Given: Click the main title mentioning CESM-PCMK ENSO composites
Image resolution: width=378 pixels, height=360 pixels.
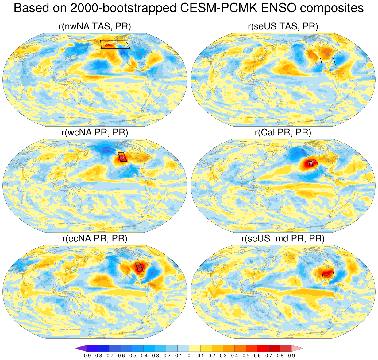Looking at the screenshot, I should click(189, 8).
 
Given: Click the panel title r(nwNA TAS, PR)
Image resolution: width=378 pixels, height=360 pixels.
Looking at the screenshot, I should click(95, 26).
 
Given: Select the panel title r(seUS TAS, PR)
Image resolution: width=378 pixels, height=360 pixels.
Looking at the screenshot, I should click(283, 26).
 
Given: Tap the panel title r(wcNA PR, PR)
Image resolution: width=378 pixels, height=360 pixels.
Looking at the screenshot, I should click(95, 132).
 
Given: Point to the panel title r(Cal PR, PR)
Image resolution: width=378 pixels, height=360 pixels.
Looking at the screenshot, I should click(283, 132).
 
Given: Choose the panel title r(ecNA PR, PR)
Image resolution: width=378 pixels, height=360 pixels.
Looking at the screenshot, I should click(95, 238).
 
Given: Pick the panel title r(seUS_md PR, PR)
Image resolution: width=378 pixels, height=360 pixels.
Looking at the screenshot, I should click(283, 238).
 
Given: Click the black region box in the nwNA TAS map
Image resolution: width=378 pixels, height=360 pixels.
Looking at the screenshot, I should click(115, 44).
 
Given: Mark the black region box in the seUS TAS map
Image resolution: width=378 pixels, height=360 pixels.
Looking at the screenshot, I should click(328, 61).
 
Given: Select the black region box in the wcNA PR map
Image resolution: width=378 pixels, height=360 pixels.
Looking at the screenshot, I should click(122, 157).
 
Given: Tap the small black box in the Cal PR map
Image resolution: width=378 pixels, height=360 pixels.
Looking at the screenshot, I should click(311, 164).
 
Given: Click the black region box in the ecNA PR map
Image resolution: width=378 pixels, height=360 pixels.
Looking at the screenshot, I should click(139, 267).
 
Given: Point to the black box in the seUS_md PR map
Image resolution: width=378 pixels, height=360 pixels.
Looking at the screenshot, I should click(328, 274).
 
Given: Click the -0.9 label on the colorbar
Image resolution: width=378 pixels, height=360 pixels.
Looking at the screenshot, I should click(87, 356).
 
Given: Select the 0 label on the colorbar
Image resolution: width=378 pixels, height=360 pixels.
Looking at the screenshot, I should click(189, 356).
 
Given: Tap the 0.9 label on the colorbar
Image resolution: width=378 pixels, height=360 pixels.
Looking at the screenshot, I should click(291, 356).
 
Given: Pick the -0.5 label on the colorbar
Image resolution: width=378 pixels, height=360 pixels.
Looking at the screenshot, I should click(132, 356).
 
